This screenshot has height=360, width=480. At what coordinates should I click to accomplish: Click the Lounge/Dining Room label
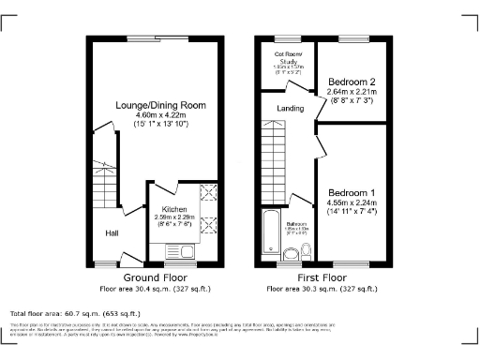click(x=160, y=104)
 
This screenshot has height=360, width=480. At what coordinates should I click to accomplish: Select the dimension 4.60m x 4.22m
click(x=160, y=114)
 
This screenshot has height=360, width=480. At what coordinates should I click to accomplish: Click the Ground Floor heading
click(x=160, y=278)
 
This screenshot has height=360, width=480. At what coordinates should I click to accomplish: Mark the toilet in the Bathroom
click(x=290, y=250)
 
